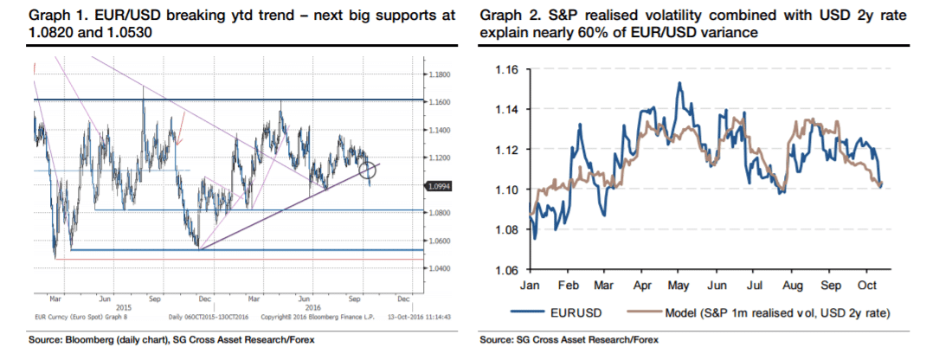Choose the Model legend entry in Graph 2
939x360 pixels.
point(778,312)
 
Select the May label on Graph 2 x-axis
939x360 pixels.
point(679,285)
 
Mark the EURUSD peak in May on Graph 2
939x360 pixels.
point(679,83)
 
